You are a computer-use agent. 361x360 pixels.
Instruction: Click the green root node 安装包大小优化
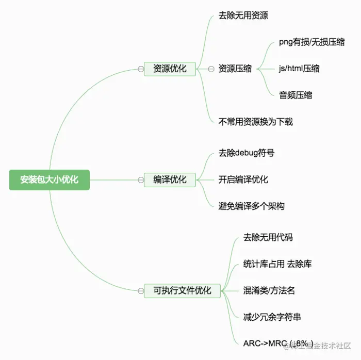(x=49, y=180)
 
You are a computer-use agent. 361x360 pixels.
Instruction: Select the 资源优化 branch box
(x=170, y=69)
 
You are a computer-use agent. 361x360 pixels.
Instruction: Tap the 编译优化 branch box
(x=170, y=180)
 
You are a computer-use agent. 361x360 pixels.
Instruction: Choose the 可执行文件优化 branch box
(x=182, y=291)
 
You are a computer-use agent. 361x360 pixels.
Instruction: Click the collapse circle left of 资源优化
(x=140, y=69)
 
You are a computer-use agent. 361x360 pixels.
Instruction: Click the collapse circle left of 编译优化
(x=140, y=180)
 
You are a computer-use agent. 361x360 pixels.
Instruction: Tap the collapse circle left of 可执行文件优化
(x=140, y=291)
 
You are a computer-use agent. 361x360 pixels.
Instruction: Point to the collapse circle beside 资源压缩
(x=210, y=69)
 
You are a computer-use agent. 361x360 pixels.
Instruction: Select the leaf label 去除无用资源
(x=243, y=15)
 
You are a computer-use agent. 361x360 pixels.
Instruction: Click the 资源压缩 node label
(x=235, y=69)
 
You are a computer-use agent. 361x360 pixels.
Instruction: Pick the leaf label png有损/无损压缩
(x=311, y=42)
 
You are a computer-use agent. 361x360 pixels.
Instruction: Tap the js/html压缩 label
(x=299, y=69)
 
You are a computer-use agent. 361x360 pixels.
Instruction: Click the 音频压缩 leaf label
(x=296, y=95)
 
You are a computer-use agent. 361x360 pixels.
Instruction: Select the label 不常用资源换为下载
(x=256, y=122)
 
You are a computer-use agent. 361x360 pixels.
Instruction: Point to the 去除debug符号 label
(x=247, y=153)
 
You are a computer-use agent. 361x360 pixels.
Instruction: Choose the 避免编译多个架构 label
(x=251, y=206)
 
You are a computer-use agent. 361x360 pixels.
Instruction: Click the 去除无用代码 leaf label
(x=268, y=238)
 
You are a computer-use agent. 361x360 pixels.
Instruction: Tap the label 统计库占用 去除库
(x=277, y=264)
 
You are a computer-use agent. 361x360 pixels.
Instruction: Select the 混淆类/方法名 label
(x=269, y=291)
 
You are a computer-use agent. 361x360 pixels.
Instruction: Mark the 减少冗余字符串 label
(x=272, y=317)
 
